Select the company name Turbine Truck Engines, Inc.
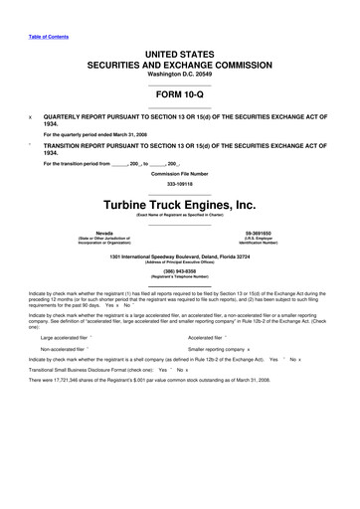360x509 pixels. coord(180,205)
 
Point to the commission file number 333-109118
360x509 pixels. coord(180,184)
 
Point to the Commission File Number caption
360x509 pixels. coord(180,175)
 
